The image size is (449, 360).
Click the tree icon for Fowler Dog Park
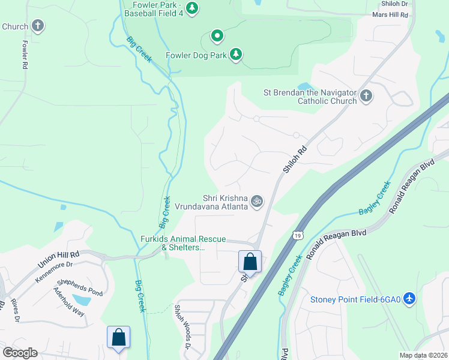point(237,55)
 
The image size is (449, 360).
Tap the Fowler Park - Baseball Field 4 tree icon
point(192,8)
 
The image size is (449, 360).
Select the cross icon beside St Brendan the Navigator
point(366,95)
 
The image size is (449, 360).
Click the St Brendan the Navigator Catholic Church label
point(310,97)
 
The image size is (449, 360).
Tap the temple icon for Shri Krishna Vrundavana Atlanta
point(257,202)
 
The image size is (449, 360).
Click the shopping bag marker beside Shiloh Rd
point(250,262)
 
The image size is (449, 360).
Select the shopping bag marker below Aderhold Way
point(119,337)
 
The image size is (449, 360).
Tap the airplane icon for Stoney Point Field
point(409,298)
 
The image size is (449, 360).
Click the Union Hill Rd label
point(59,257)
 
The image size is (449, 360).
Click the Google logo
point(20,353)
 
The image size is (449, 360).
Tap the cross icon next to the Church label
point(38,26)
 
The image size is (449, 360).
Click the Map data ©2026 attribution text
point(423,355)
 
